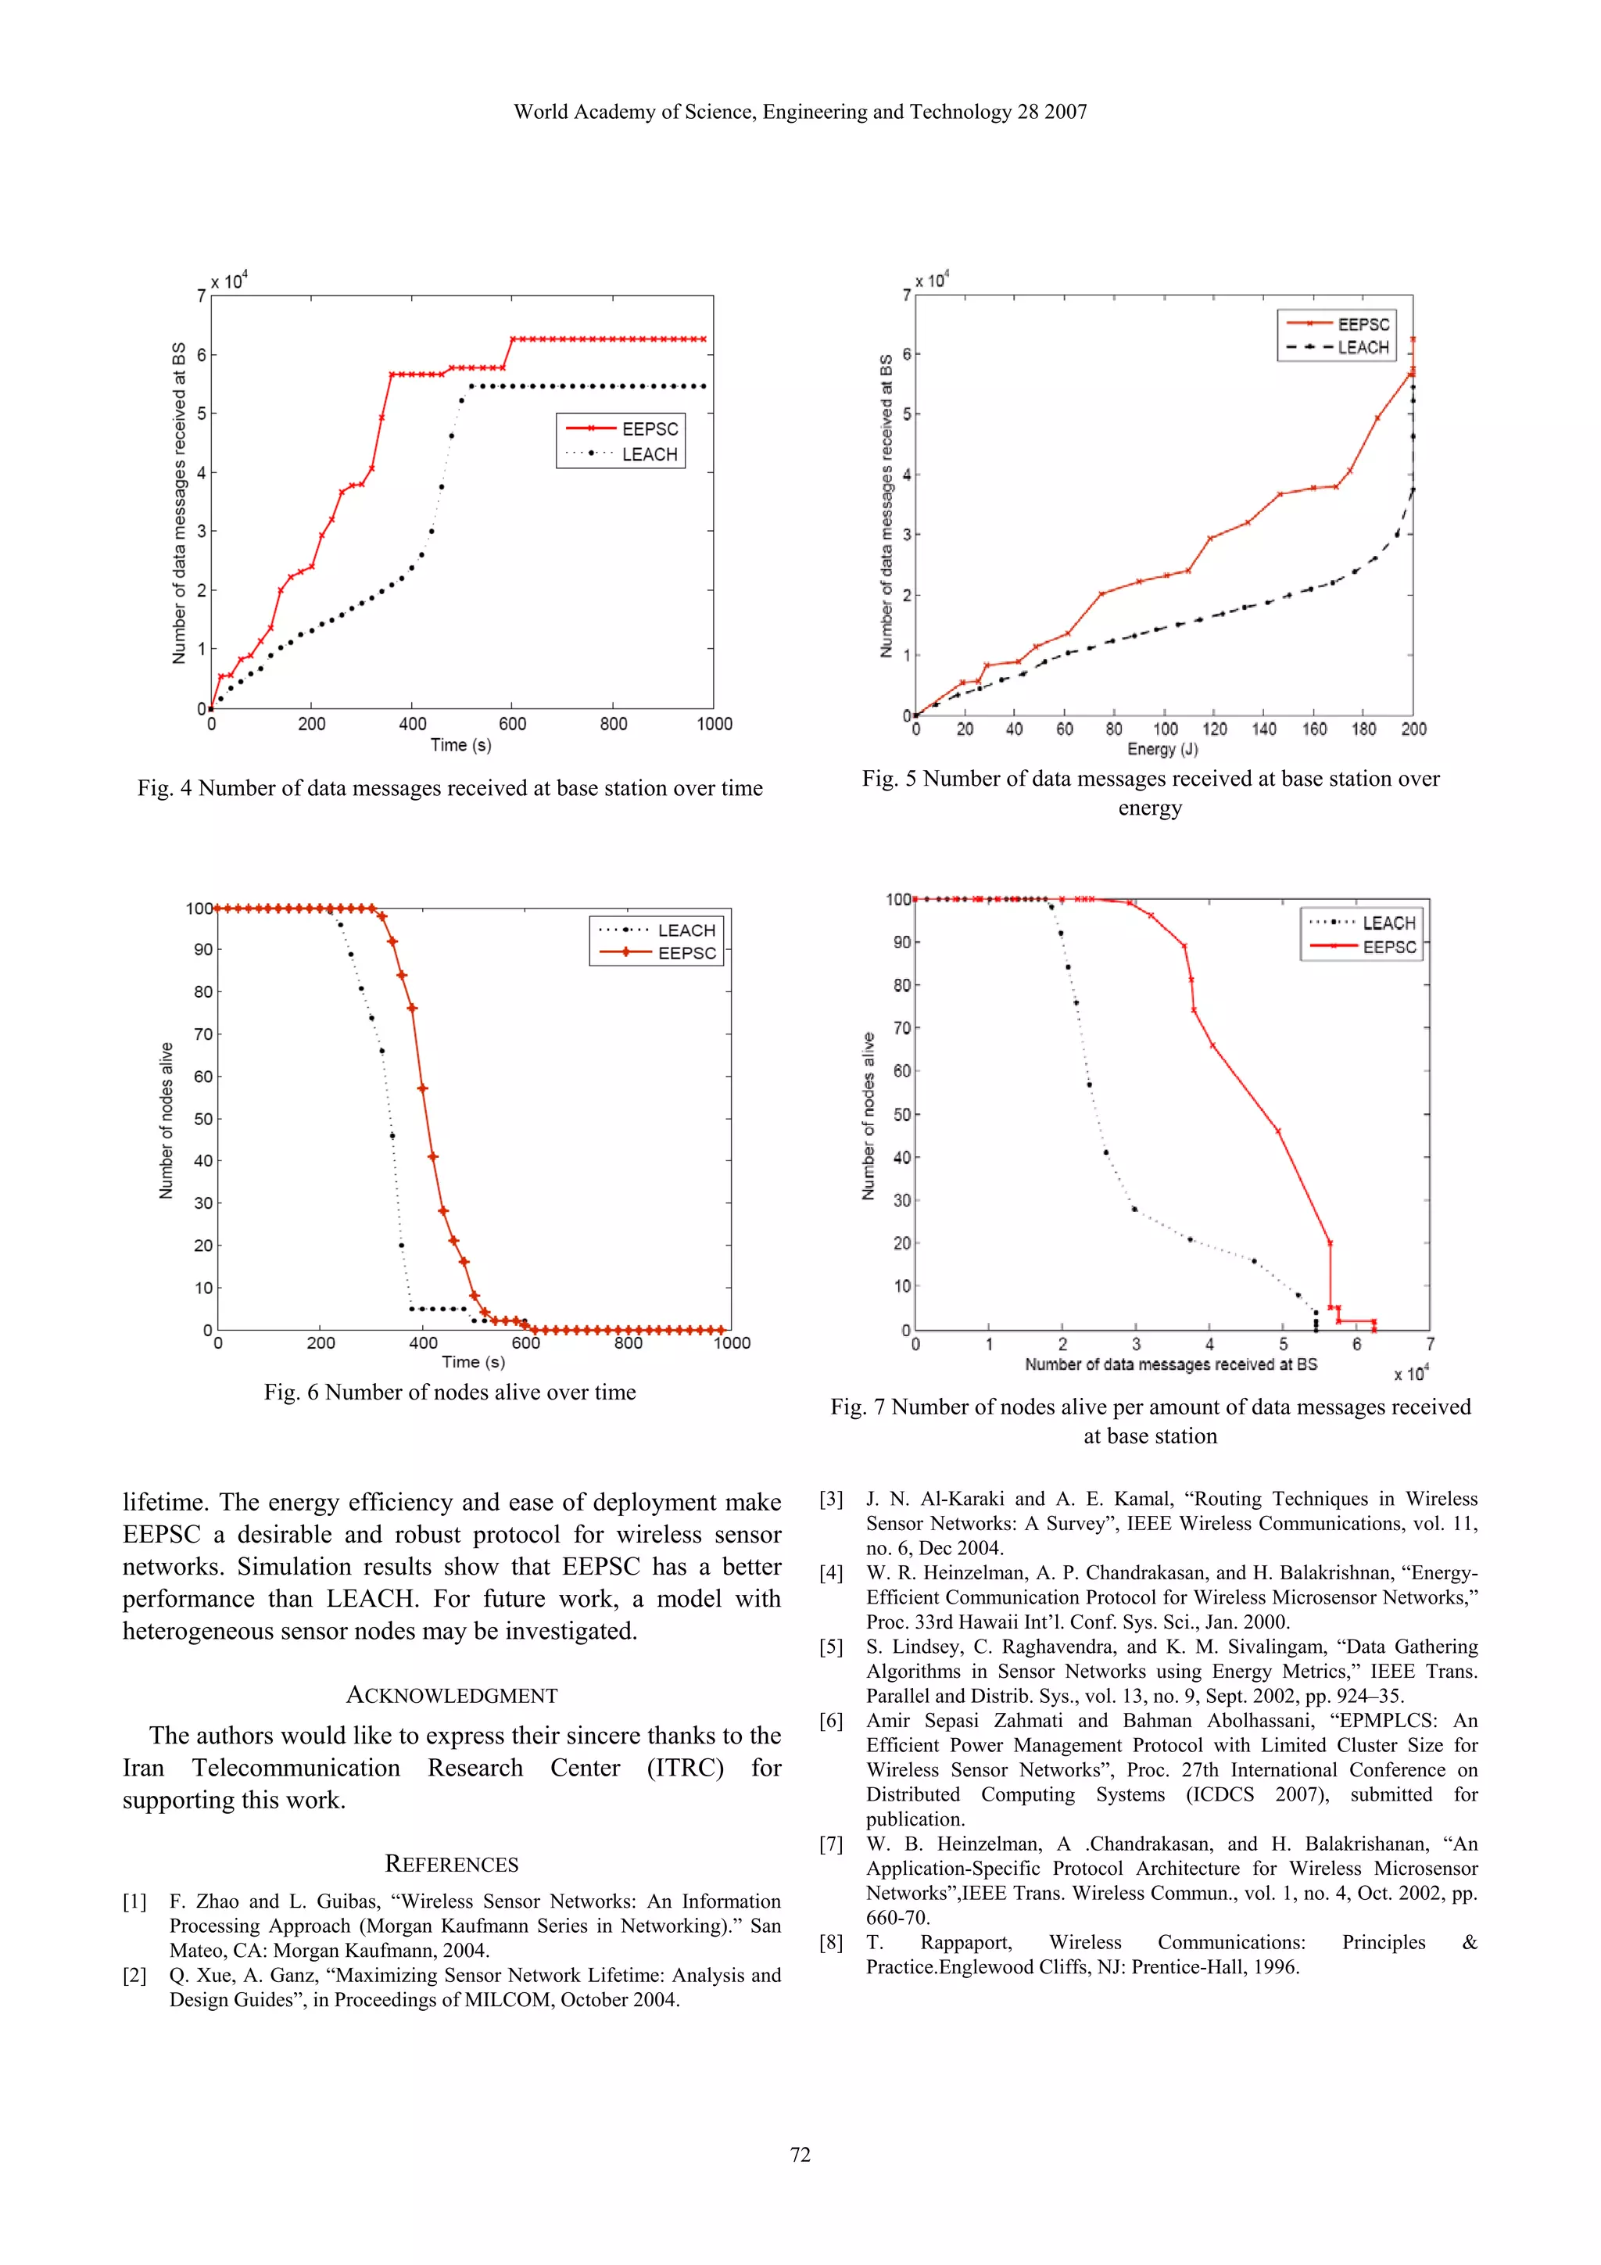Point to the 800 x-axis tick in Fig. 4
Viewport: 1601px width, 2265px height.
613,724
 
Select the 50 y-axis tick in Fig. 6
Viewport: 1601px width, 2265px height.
203,1119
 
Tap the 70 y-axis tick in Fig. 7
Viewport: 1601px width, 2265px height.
901,1028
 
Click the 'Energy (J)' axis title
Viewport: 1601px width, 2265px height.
1163,750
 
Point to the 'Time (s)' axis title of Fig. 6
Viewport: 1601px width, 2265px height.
474,1362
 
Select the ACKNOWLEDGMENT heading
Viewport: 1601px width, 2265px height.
452,1696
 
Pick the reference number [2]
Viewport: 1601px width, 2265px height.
135,1975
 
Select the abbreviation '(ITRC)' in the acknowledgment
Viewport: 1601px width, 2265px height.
685,1767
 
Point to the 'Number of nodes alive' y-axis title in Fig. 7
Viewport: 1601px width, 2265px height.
868,1116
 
